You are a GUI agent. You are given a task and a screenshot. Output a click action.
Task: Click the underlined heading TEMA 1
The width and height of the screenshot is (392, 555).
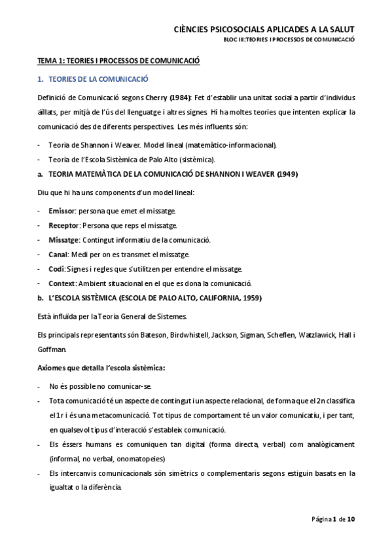click(118, 61)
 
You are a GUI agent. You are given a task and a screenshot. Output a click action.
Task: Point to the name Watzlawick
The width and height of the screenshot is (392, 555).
click(316, 335)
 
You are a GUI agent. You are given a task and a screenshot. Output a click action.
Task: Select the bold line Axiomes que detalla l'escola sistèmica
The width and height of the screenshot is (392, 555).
click(101, 368)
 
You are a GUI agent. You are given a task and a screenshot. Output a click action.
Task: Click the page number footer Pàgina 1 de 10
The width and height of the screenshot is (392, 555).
click(333, 519)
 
